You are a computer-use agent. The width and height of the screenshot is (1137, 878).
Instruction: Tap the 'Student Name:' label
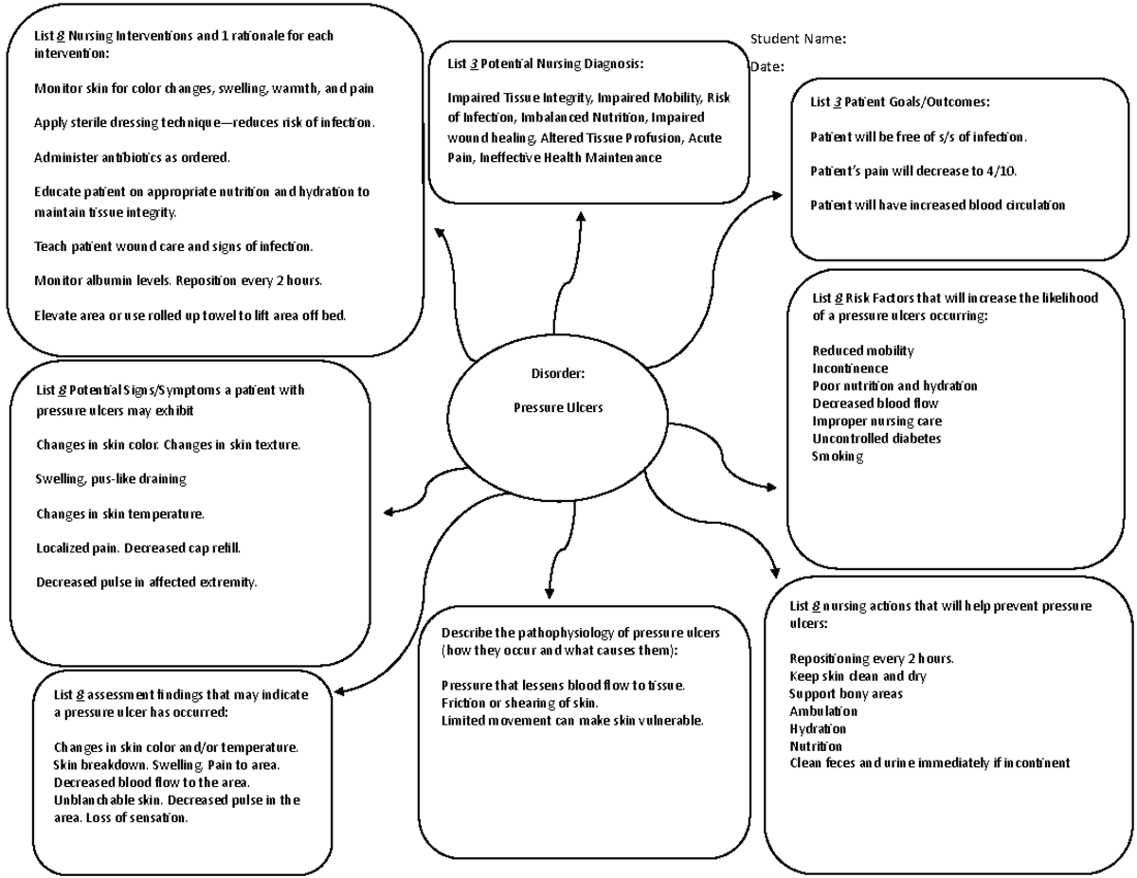click(798, 39)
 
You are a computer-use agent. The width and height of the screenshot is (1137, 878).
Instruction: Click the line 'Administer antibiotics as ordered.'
click(132, 157)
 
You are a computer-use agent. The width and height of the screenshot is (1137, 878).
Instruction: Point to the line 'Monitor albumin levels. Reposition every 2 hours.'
click(178, 280)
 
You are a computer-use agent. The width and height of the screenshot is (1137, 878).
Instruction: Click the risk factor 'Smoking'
click(838, 457)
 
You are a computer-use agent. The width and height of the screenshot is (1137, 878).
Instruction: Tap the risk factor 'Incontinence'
click(850, 368)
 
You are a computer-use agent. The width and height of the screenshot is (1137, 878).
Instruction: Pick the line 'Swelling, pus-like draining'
click(111, 479)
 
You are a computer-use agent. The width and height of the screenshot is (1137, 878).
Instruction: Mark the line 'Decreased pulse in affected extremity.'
click(147, 582)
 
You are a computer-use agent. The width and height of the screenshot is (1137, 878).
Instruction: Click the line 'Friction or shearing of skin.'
click(520, 703)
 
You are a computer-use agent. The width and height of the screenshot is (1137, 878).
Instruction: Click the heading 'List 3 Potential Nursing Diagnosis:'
click(546, 64)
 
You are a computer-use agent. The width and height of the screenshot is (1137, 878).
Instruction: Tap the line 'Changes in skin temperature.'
click(120, 513)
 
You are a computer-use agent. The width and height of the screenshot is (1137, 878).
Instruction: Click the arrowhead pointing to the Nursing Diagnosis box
click(581, 218)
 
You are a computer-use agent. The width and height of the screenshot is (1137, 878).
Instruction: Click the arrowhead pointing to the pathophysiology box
click(549, 590)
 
